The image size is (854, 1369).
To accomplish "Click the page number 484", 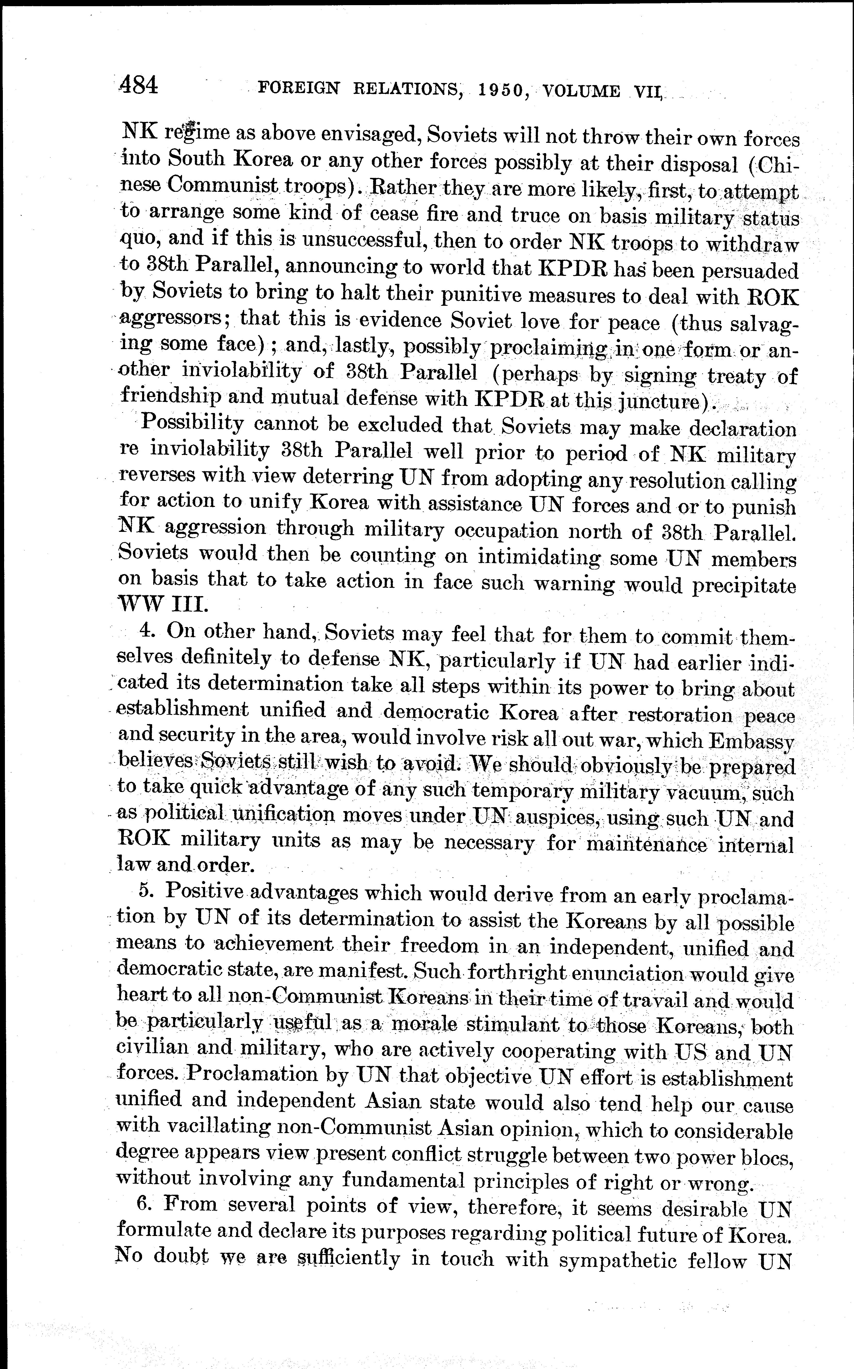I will point(138,85).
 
